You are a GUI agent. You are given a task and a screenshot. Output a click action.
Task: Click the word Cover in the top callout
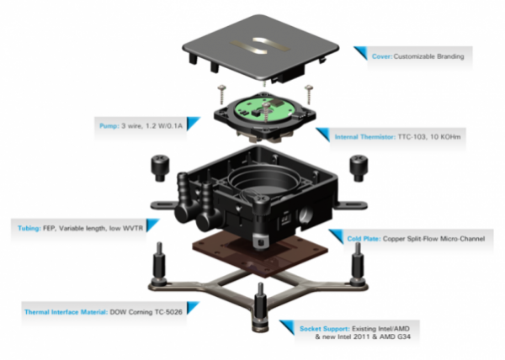382,57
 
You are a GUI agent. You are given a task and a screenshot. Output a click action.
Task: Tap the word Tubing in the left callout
30,226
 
